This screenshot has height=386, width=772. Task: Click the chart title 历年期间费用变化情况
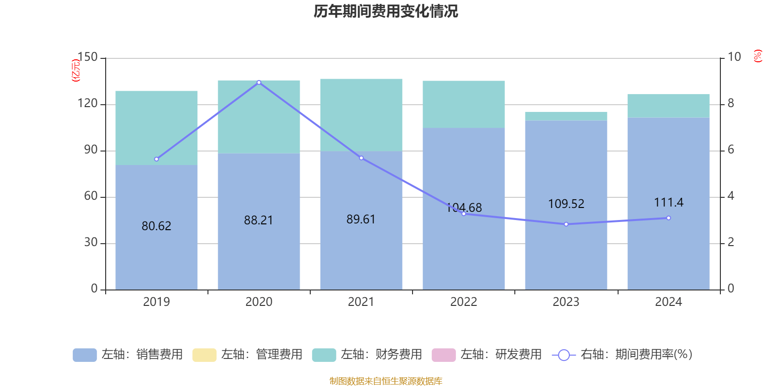(386, 12)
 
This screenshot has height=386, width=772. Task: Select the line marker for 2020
(259, 83)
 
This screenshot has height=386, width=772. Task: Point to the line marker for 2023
(566, 224)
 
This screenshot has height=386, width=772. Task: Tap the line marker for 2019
(156, 159)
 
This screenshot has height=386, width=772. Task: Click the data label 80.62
(156, 226)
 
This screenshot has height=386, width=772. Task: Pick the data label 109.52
(566, 204)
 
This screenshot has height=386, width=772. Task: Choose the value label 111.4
(669, 202)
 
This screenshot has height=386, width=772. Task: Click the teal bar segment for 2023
(566, 116)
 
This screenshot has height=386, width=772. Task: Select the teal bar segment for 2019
(156, 128)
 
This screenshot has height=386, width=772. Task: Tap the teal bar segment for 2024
(669, 106)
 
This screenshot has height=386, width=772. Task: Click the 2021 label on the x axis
(361, 302)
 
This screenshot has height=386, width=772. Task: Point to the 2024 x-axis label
(669, 302)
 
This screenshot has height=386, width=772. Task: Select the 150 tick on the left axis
(88, 57)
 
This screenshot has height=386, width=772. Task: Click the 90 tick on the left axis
(91, 150)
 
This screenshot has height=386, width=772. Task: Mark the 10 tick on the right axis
(734, 57)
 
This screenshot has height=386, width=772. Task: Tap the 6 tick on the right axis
(731, 150)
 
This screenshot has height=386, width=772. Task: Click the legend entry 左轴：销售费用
(128, 355)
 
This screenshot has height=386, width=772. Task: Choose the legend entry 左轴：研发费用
(487, 355)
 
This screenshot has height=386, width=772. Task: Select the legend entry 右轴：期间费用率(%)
(622, 355)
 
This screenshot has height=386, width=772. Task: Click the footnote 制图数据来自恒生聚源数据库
(386, 381)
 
